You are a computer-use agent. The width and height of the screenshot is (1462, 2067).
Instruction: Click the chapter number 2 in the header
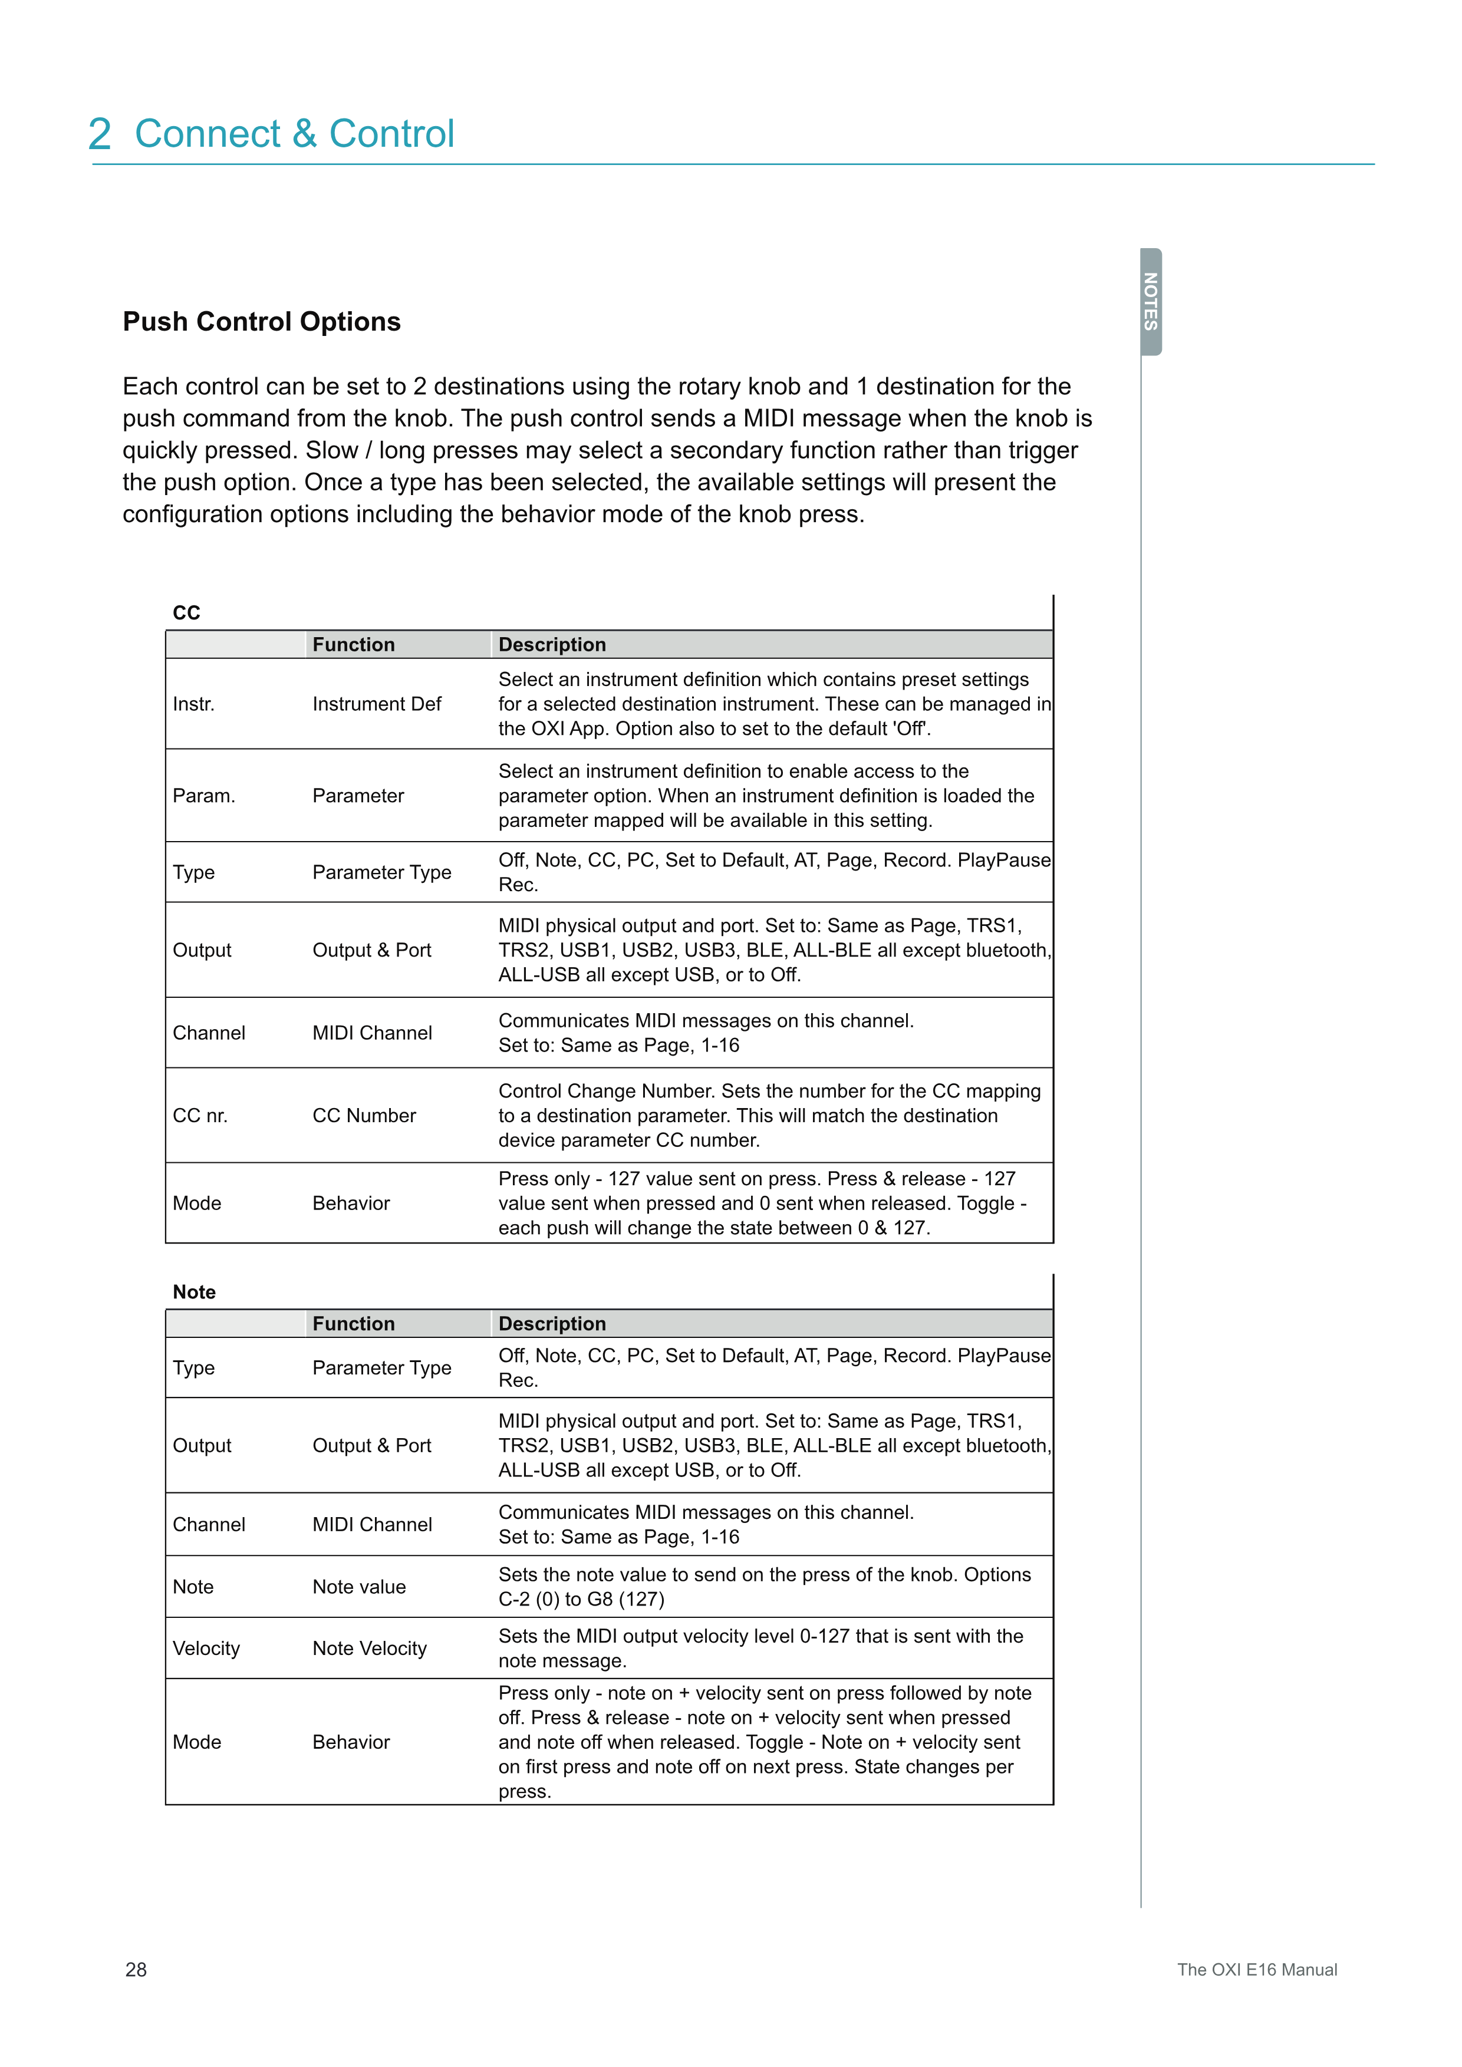[x=100, y=134]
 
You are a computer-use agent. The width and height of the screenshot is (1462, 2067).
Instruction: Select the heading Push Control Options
[x=261, y=321]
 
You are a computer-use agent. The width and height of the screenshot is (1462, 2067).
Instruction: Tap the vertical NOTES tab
[x=1151, y=302]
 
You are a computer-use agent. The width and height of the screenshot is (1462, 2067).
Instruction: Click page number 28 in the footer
[x=136, y=1970]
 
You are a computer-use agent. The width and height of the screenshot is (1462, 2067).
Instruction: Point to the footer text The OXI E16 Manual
[x=1257, y=1970]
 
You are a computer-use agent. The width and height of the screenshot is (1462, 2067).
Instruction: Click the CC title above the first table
[x=186, y=613]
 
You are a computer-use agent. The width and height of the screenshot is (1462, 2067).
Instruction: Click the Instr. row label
[x=193, y=704]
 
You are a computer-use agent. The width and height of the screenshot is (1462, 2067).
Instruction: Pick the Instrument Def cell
[x=376, y=704]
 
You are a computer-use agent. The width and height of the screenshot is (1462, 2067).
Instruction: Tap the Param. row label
[x=203, y=796]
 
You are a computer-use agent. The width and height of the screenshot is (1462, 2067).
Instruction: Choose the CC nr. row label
[x=200, y=1115]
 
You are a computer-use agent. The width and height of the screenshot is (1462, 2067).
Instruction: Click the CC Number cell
[x=364, y=1115]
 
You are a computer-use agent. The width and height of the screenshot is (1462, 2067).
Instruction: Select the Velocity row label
[x=206, y=1649]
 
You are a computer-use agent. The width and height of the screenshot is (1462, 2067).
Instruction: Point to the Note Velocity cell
[x=369, y=1649]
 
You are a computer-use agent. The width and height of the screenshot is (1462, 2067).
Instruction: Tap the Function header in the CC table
[x=353, y=645]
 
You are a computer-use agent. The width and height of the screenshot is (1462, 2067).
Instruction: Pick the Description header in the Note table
[x=552, y=1323]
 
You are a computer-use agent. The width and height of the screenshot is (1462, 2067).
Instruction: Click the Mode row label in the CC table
[x=196, y=1204]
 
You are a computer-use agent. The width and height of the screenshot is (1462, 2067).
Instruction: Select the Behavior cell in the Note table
[x=351, y=1742]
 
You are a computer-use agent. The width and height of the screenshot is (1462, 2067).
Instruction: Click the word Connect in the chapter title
[x=208, y=134]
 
